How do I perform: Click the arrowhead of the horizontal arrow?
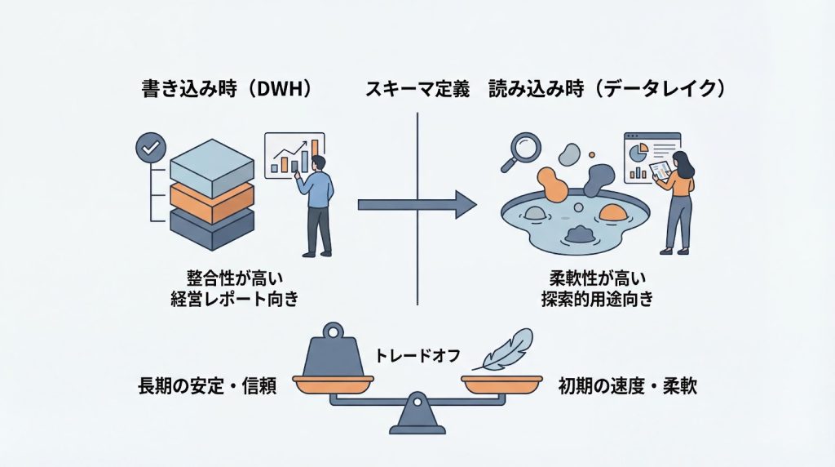pyautogui.click(x=465, y=204)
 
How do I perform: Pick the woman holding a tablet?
pyautogui.click(x=678, y=196)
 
